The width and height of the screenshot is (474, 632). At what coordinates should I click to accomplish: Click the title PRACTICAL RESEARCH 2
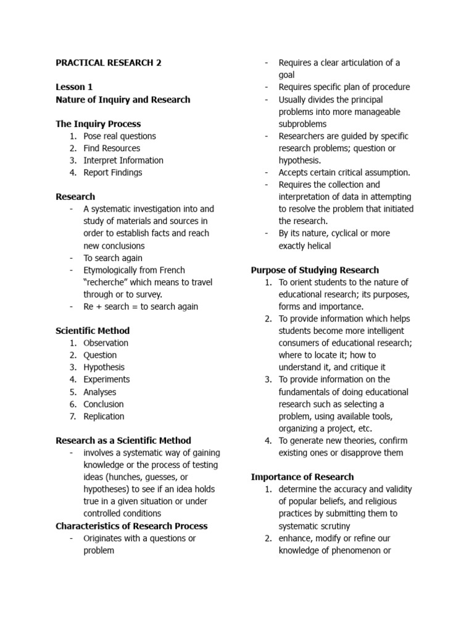pyautogui.click(x=108, y=63)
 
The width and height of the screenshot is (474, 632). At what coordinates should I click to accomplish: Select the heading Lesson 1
pyautogui.click(x=74, y=87)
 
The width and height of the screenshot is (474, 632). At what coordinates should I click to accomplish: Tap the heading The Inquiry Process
pyautogui.click(x=98, y=124)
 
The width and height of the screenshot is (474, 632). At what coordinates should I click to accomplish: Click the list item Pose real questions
pyautogui.click(x=120, y=136)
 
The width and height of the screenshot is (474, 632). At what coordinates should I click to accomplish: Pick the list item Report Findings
pyautogui.click(x=113, y=172)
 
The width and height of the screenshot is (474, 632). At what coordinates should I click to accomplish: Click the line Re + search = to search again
pyautogui.click(x=141, y=306)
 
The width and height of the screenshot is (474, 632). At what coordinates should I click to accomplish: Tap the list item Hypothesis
pyautogui.click(x=104, y=367)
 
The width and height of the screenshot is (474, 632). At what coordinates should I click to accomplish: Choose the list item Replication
pyautogui.click(x=104, y=416)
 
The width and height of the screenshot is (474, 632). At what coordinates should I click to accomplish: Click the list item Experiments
pyautogui.click(x=107, y=380)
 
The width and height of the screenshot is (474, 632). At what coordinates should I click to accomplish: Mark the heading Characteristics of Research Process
pyautogui.click(x=131, y=526)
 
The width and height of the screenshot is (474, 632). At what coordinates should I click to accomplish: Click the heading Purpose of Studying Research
pyautogui.click(x=315, y=270)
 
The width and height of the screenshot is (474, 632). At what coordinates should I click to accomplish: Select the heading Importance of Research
pyautogui.click(x=302, y=476)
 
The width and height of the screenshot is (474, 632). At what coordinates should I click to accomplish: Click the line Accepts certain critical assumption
pyautogui.click(x=344, y=173)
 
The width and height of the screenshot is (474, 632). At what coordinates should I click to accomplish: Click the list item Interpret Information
pyautogui.click(x=123, y=160)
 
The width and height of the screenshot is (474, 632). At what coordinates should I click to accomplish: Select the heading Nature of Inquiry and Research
pyautogui.click(x=123, y=99)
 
